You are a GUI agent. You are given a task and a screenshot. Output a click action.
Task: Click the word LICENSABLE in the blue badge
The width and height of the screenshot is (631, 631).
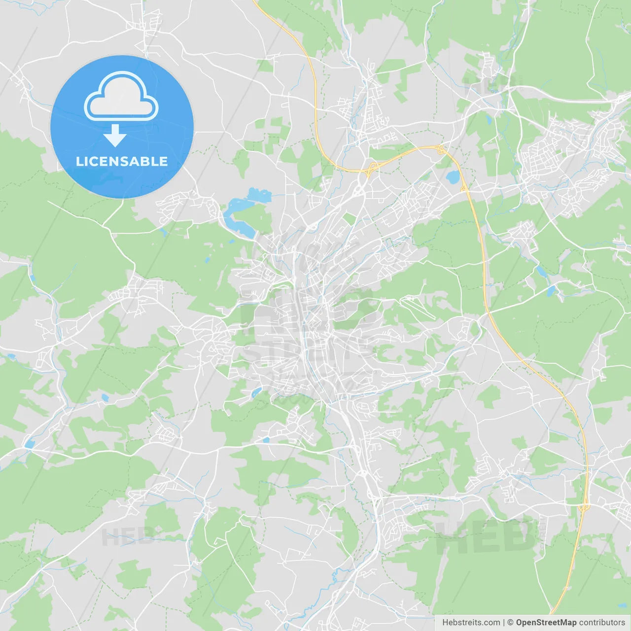122,161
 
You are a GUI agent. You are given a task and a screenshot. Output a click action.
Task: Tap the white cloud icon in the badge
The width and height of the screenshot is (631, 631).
121,97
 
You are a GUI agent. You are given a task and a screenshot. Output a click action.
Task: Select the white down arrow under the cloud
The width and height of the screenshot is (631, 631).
115,136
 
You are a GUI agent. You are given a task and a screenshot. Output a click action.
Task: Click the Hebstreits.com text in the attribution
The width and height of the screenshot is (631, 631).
471,623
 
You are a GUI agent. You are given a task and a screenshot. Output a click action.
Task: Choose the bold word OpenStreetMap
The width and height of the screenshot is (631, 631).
546,623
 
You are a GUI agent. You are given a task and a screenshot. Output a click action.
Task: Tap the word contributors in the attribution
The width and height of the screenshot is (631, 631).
602,623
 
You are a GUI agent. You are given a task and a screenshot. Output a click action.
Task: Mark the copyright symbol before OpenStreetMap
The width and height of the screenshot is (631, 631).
510,623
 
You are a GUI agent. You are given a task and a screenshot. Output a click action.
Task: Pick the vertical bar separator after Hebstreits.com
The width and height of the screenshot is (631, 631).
504,623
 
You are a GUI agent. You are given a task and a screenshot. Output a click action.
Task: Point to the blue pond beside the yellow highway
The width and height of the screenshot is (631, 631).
452,176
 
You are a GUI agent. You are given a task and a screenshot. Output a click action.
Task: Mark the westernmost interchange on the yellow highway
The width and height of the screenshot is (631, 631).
369,170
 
